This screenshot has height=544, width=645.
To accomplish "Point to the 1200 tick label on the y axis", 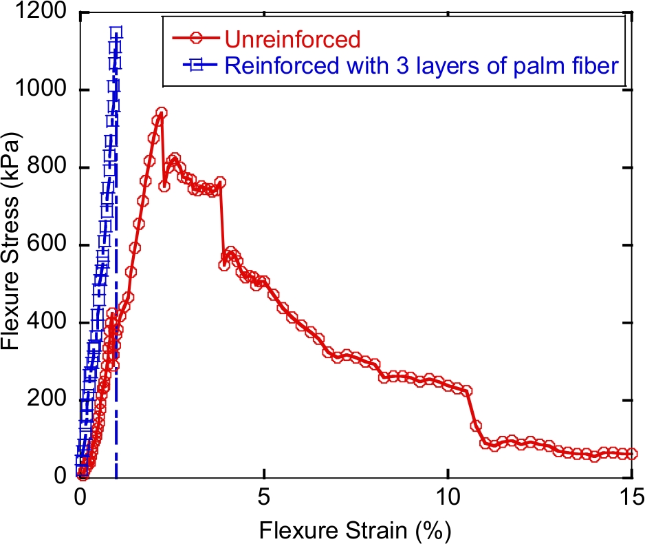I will (43, 13).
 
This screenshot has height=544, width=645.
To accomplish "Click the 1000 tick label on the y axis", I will (43, 90).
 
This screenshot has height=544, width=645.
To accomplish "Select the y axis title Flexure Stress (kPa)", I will (14, 244).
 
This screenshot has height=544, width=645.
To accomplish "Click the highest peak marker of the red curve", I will (161, 112).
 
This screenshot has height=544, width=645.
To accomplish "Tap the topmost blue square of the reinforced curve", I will (116, 32).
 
